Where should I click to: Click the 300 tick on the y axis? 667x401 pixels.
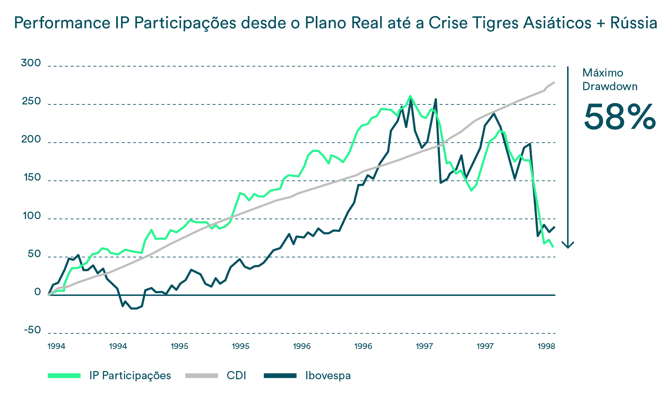(31, 63)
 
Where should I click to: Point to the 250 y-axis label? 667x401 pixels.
(31, 101)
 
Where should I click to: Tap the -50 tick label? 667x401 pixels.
(32, 330)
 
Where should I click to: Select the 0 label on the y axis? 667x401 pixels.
(37, 292)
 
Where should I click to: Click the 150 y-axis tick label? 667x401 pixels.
(32, 178)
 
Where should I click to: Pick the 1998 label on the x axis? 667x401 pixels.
(546, 346)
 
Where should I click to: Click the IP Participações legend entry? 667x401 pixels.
(130, 375)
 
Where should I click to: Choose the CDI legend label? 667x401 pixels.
(236, 375)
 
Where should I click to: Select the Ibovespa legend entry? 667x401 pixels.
(328, 375)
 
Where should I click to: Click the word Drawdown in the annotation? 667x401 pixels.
(610, 86)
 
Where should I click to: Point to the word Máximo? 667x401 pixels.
(603, 73)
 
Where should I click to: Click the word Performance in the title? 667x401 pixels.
(60, 23)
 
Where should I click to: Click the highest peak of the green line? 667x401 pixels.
(410, 96)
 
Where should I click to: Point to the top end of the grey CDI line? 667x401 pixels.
(554, 82)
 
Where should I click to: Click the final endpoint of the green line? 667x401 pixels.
(553, 246)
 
